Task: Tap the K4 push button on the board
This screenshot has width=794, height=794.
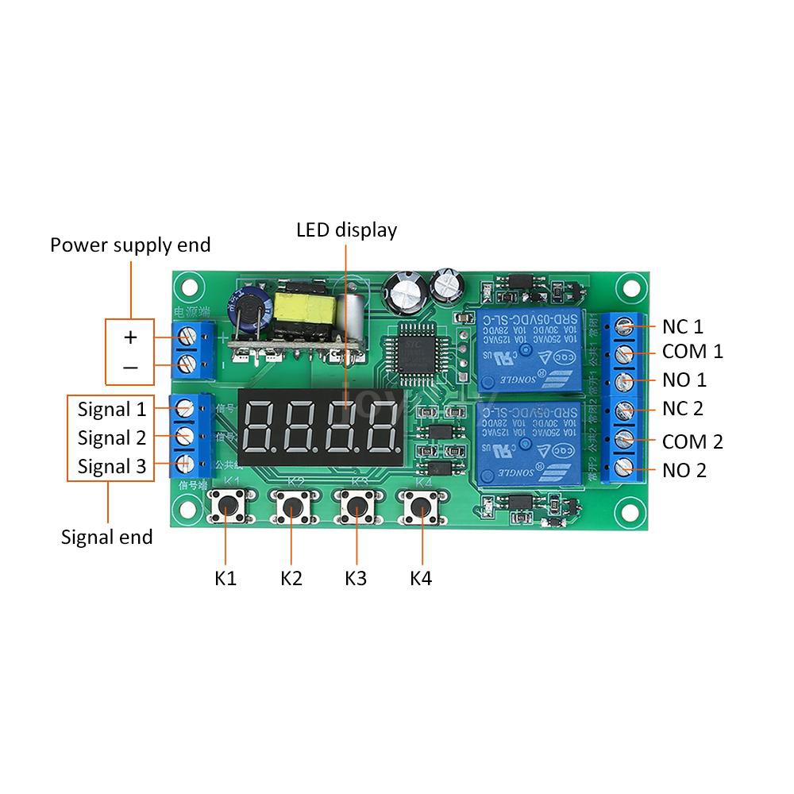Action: [422, 505]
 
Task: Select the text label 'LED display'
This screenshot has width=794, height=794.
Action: [346, 230]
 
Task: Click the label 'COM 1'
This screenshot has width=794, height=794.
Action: [692, 351]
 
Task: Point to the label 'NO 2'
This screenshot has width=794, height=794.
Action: [684, 471]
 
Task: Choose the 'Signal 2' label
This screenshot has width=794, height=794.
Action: [112, 437]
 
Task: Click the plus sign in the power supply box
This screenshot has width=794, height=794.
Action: [130, 337]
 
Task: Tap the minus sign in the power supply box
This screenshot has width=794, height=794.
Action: [130, 367]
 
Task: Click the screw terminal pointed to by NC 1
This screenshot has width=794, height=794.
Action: [625, 325]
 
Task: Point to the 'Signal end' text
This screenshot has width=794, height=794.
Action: [107, 538]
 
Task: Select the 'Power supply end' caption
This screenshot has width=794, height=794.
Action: [130, 245]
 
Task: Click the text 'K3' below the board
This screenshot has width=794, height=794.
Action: [356, 579]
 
